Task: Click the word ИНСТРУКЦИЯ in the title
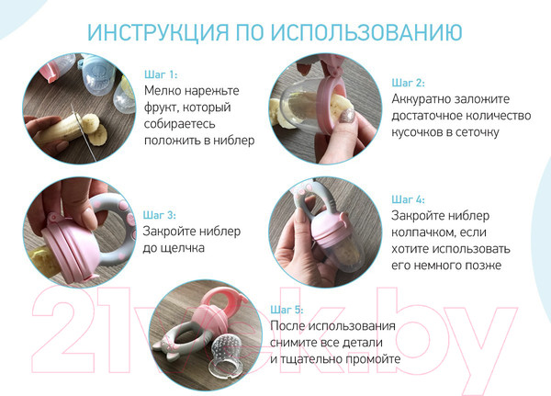click(155, 32)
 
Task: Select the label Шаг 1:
click(161, 74)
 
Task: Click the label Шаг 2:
click(408, 82)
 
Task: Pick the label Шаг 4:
click(408, 198)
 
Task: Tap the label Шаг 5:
click(287, 310)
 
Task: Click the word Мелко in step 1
click(164, 91)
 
